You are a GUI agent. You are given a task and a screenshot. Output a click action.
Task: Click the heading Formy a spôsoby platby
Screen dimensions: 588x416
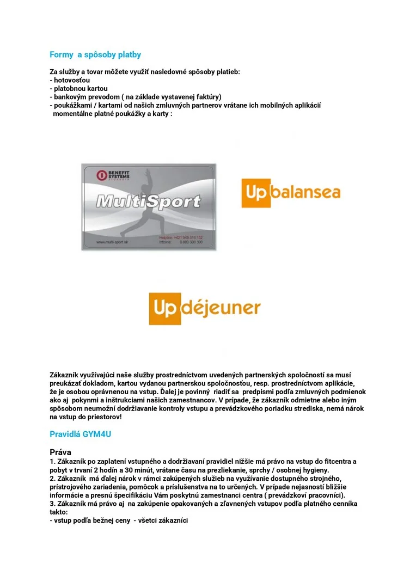coord(95,54)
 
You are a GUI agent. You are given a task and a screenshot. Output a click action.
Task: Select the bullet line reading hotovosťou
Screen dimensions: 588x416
coord(70,80)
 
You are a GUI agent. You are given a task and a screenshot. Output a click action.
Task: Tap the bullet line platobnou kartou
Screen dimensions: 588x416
coord(80,88)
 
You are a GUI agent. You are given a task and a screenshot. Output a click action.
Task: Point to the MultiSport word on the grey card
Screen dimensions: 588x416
coord(148,203)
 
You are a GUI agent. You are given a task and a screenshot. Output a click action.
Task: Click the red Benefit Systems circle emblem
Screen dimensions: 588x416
coord(101,175)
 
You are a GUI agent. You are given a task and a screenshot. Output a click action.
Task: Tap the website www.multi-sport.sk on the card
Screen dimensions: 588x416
coord(112,242)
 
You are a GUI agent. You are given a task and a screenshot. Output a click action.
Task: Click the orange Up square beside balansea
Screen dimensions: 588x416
coord(255,192)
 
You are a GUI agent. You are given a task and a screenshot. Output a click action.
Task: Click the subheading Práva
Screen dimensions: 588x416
coord(60,452)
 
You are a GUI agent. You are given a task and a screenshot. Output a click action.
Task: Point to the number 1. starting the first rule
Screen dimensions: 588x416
coord(52,462)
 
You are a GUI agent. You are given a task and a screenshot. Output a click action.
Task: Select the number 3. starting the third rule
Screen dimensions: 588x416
coord(52,504)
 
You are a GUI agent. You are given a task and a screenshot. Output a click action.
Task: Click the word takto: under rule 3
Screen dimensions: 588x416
coord(59,512)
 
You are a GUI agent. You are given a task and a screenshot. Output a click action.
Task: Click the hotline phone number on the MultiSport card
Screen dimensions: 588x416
coord(188,238)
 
